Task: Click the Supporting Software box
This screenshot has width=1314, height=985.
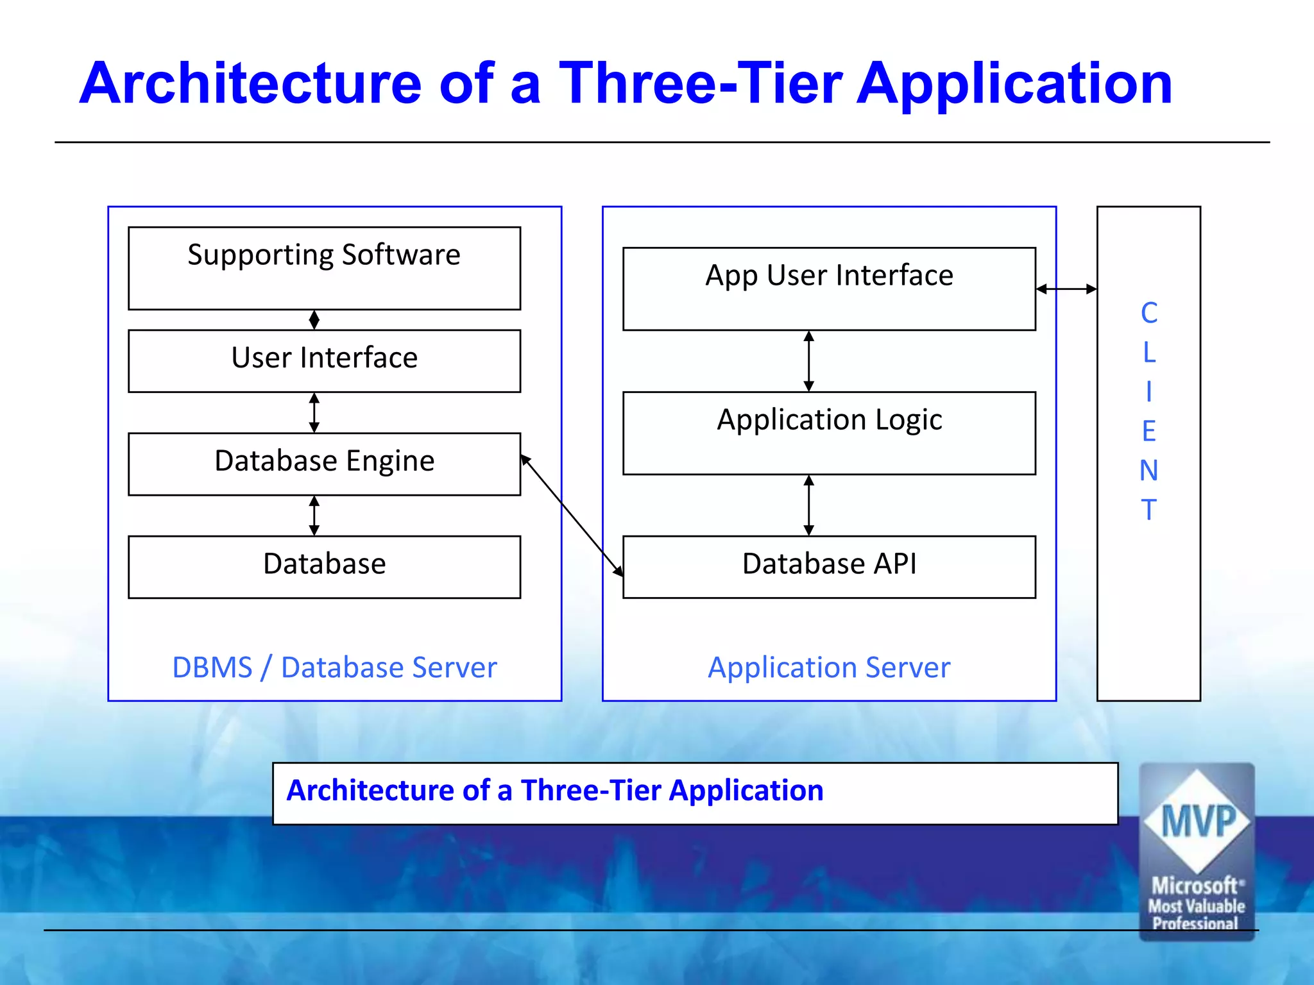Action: (x=324, y=268)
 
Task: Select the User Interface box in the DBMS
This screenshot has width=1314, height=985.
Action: (x=324, y=360)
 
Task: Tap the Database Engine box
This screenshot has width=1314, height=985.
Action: (x=324, y=463)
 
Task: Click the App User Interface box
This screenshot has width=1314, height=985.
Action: (x=829, y=289)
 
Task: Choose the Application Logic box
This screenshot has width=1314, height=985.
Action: (x=829, y=433)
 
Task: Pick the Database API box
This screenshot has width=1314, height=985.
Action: (x=829, y=566)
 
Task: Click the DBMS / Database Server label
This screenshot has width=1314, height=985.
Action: (x=334, y=668)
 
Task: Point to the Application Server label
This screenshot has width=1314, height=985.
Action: (x=829, y=668)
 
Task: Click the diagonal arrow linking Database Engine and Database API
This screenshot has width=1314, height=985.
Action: (x=571, y=515)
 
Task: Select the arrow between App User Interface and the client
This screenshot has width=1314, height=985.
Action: (x=1066, y=289)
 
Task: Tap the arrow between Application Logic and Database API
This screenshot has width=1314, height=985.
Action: (x=809, y=505)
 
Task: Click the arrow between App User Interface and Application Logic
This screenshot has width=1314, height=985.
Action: (x=809, y=361)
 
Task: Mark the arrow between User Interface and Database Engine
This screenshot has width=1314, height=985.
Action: (x=314, y=412)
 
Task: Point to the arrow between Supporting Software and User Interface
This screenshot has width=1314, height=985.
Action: (x=314, y=319)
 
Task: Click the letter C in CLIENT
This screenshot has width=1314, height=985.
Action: (x=1148, y=313)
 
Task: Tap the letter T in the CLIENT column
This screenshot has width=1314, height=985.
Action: (x=1148, y=510)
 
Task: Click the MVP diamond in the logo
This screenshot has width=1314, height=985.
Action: (x=1197, y=821)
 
